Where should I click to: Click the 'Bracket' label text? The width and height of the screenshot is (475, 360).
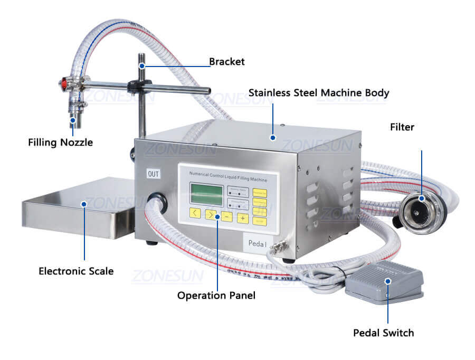227,62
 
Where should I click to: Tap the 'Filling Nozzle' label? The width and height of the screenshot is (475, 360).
60,142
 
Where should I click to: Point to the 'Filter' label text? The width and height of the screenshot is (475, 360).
402,127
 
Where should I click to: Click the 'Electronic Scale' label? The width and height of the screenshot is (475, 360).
76,271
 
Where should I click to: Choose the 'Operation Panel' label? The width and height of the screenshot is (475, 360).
216,296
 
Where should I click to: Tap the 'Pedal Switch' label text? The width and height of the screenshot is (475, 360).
384,333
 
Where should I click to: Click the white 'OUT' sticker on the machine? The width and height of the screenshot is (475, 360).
153,174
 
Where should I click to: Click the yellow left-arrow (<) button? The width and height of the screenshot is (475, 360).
195,214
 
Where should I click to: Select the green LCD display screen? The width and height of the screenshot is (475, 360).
206,194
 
